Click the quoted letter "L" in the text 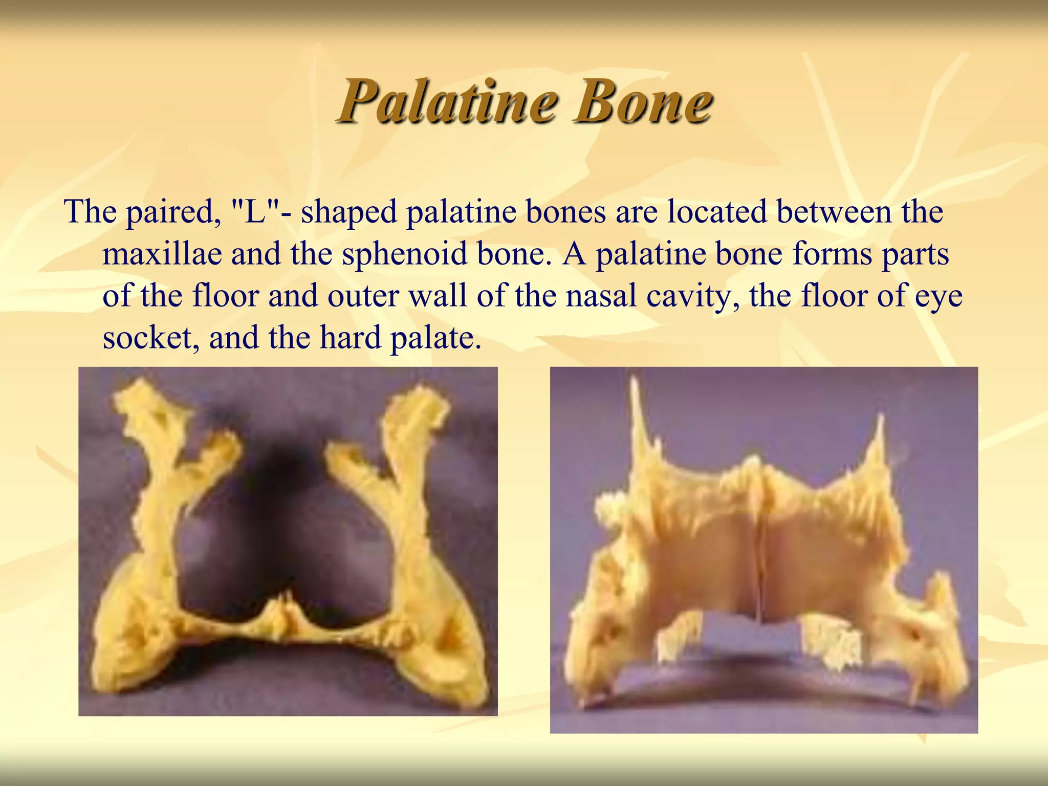[254, 211]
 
